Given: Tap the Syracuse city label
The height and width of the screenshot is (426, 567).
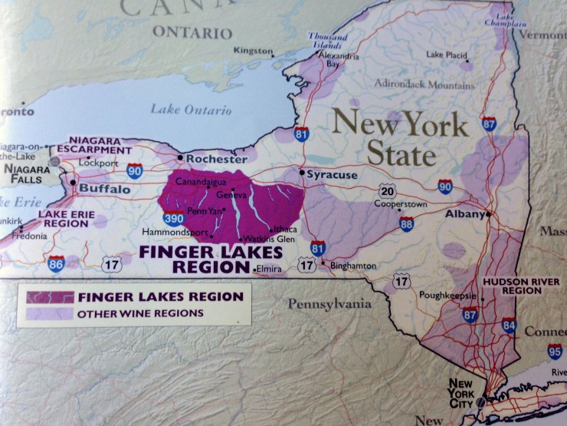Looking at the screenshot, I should click(x=332, y=175).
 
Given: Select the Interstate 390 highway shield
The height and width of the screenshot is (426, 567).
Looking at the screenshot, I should click(x=173, y=218).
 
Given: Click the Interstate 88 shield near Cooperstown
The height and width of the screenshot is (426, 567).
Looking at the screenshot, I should click(x=406, y=223).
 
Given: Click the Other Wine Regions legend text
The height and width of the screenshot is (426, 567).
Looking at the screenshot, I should click(x=139, y=313).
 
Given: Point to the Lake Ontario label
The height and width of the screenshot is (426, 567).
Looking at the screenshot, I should click(x=191, y=109).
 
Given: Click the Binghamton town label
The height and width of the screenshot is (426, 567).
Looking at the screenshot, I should click(x=353, y=266).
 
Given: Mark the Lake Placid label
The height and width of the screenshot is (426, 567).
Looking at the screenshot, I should click(x=447, y=54).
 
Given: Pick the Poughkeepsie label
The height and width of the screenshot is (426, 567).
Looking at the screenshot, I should click(x=447, y=295).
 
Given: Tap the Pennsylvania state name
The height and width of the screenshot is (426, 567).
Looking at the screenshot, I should click(x=329, y=305).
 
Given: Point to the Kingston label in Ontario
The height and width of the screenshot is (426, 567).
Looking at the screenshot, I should click(x=254, y=51).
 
